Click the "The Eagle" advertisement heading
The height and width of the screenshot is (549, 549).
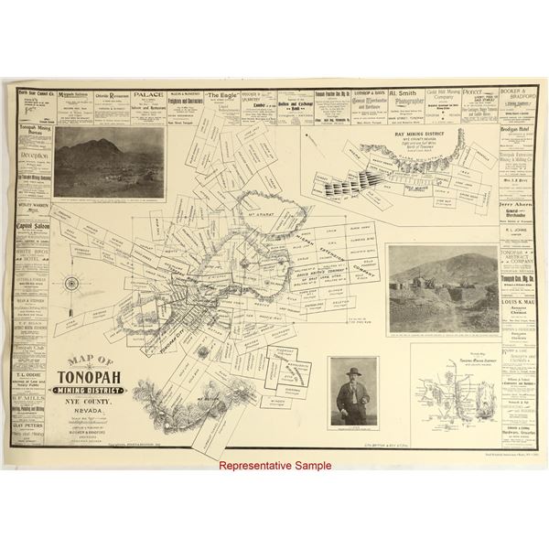coord(222,94)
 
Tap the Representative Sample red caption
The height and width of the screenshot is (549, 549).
coord(274,466)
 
